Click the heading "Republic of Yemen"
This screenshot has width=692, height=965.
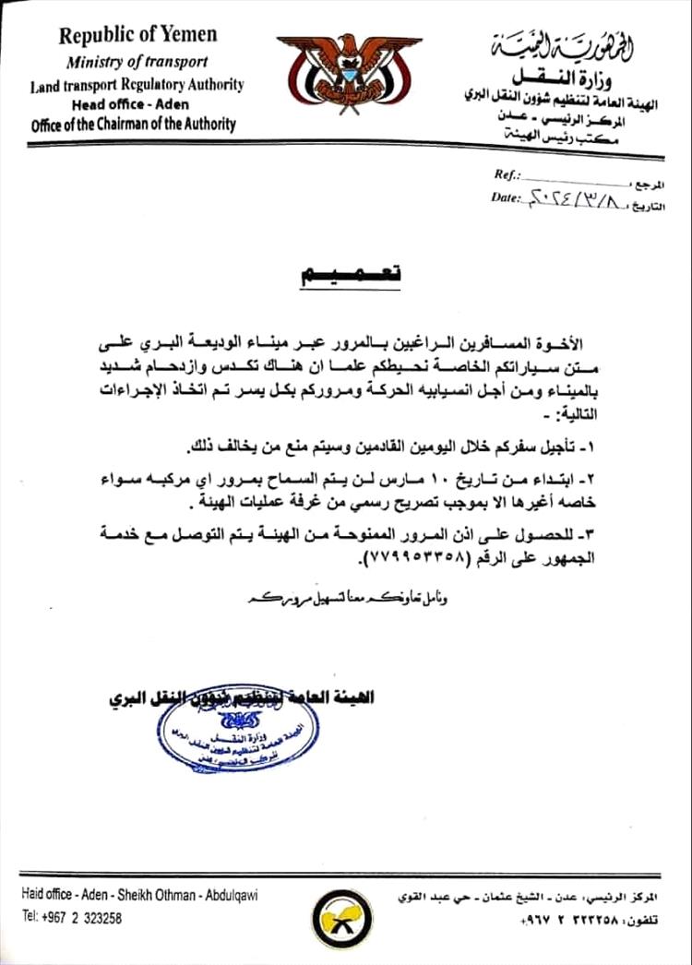pos(138,36)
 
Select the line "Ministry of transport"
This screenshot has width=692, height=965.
pos(137,62)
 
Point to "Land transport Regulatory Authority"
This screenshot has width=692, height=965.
pos(137,84)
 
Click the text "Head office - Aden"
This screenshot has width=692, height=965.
pos(137,104)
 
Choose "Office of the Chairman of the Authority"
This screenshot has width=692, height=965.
pos(133,124)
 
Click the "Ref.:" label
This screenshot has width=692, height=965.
pos(507,174)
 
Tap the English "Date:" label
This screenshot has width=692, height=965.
pos(507,197)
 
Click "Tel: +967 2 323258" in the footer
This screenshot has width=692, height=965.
pos(72,918)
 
